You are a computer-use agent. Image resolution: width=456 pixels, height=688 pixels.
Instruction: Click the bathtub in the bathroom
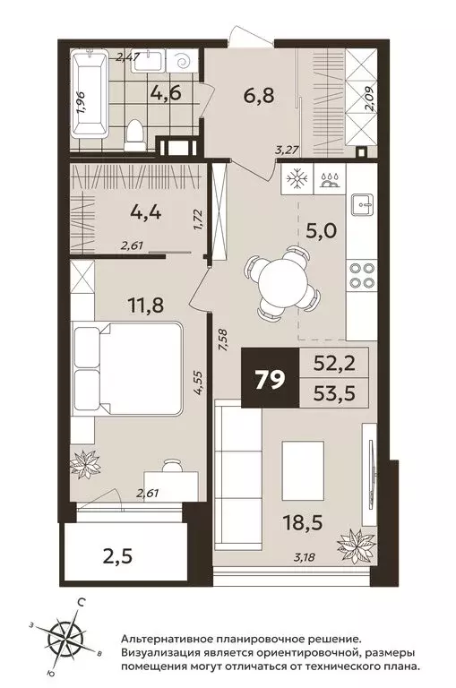pyautogui.click(x=90, y=93)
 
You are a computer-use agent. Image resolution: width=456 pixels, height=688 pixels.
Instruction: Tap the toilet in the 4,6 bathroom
pyautogui.click(x=134, y=135)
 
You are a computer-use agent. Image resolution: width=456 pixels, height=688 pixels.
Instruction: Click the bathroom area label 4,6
pyautogui.click(x=165, y=93)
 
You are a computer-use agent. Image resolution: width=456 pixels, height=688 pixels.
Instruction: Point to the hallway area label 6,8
pyautogui.click(x=260, y=95)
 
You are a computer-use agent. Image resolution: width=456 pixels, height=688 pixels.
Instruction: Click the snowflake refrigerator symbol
pyautogui.click(x=297, y=179)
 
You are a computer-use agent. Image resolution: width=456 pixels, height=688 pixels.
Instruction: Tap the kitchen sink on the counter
pyautogui.click(x=362, y=203)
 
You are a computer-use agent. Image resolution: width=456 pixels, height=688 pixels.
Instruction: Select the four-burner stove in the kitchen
pyautogui.click(x=361, y=276)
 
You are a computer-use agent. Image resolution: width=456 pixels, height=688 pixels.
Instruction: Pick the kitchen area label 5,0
pyautogui.click(x=322, y=229)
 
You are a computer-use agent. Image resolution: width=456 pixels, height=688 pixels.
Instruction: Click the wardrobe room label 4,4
pyautogui.click(x=146, y=213)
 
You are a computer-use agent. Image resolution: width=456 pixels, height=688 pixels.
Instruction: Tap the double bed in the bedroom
pyautogui.click(x=128, y=367)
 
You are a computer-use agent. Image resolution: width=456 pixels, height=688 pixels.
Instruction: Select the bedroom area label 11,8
pyautogui.click(x=146, y=304)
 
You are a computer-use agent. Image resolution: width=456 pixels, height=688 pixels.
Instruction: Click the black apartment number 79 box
pyautogui.click(x=270, y=378)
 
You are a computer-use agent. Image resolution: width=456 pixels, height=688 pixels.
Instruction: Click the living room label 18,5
pyautogui.click(x=304, y=523)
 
